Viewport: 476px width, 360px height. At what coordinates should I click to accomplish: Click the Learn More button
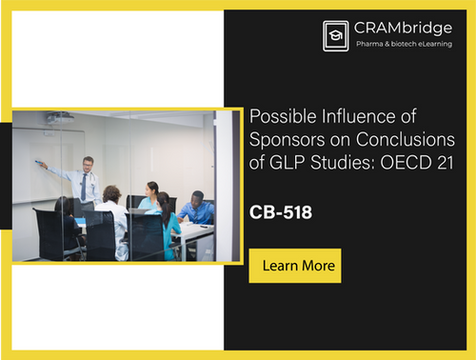tap(294, 265)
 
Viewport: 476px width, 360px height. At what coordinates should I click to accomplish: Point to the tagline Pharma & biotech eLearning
tap(404, 45)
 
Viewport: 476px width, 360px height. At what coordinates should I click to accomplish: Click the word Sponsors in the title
tap(281, 138)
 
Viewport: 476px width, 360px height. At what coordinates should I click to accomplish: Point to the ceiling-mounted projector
tap(59, 117)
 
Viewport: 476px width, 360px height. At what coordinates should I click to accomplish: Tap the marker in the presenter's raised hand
tap(40, 164)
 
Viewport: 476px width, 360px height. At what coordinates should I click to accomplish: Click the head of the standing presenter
tap(88, 163)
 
